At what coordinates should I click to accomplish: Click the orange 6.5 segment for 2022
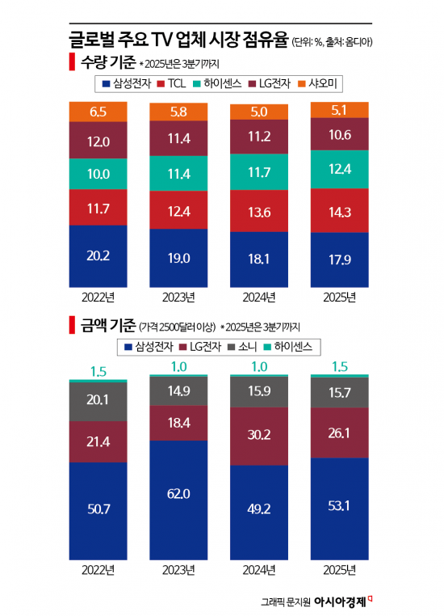coord(98,112)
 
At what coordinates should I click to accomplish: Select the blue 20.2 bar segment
coord(98,256)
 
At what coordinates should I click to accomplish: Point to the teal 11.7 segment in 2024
coord(259,172)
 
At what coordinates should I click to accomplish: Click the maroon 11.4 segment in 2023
coord(178,138)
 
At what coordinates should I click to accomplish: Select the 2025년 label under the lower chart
coord(339,569)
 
